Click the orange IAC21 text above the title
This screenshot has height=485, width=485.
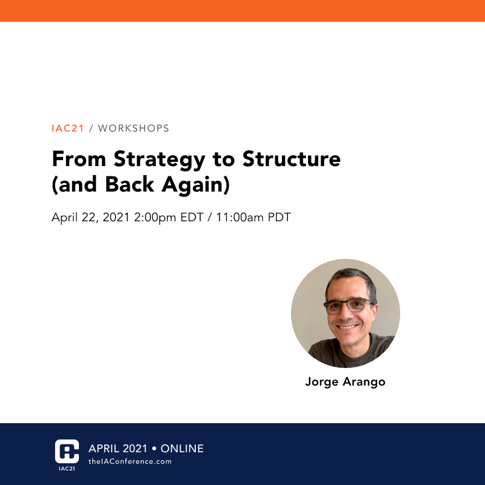(x=68, y=129)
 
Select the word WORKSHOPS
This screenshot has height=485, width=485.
(x=133, y=129)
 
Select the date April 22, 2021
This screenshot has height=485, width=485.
(x=91, y=218)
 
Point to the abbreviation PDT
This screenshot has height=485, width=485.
(x=278, y=218)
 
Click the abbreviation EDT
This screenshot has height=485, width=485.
(x=192, y=218)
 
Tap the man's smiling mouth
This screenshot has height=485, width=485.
(x=349, y=328)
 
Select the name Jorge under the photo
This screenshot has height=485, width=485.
(x=322, y=382)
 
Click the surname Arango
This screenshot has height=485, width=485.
(x=364, y=382)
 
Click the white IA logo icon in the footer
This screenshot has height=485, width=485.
(x=67, y=451)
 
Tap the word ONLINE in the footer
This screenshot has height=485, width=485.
(x=182, y=449)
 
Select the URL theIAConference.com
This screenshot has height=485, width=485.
(x=130, y=462)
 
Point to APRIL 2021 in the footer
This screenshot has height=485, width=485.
(x=118, y=449)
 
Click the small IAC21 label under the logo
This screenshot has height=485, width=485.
(x=67, y=469)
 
